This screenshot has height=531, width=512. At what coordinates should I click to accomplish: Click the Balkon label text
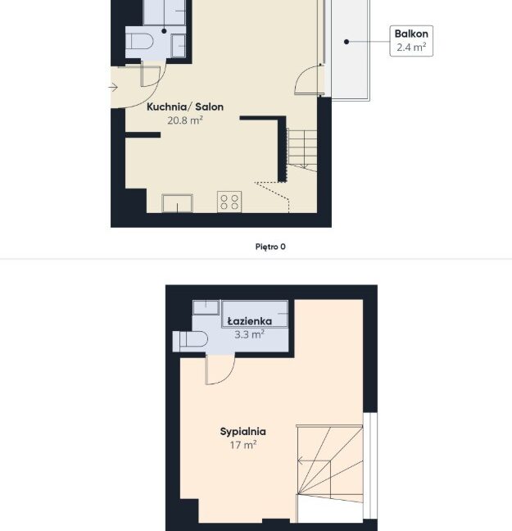tap(411, 34)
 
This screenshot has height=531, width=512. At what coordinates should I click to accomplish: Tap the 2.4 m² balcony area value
tap(411, 47)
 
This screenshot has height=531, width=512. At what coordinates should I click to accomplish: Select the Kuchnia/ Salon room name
tap(185, 107)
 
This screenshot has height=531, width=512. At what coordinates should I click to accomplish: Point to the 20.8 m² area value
tap(185, 120)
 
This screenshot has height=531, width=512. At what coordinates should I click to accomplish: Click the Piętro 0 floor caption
tap(270, 247)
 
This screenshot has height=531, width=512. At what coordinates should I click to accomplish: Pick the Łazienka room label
tap(250, 321)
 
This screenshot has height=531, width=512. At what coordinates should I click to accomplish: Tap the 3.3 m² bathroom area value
tap(250, 334)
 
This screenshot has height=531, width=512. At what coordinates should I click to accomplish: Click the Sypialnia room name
tap(242, 431)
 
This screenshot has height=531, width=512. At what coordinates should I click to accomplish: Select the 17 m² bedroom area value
tap(242, 445)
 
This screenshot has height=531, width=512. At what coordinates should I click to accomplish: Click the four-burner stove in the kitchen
tap(229, 202)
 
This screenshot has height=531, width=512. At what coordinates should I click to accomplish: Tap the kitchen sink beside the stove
tap(177, 203)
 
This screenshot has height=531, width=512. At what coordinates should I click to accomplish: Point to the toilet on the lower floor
tap(139, 42)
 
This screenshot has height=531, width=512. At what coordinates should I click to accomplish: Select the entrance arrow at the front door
tap(113, 88)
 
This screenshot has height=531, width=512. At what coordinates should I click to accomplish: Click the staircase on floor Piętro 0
tap(302, 150)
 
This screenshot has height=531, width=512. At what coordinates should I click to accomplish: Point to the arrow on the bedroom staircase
tap(314, 461)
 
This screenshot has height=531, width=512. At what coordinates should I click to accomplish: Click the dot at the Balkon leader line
tap(346, 42)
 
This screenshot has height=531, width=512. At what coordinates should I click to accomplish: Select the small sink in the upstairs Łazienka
tap(206, 307)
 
